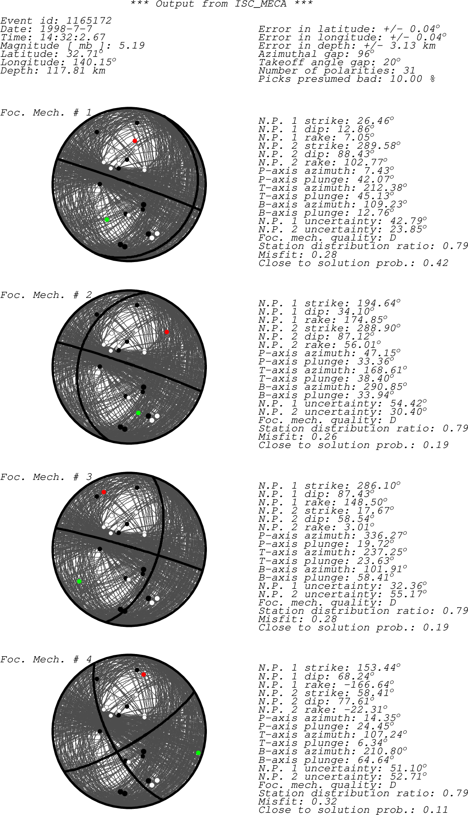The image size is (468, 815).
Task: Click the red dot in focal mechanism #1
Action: coord(135,141)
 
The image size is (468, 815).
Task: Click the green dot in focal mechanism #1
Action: coord(107,220)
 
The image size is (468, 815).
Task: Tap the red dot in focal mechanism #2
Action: coord(167,332)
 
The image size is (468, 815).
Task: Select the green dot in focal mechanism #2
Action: coord(138,413)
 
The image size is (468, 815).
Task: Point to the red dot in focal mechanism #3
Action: coord(104,492)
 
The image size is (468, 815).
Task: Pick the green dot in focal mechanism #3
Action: coord(79,581)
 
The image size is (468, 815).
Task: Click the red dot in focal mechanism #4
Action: coord(143,675)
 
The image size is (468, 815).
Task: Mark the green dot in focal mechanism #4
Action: coord(198,753)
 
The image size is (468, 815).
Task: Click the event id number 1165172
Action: coord(89,21)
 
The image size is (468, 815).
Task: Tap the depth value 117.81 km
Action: coord(76,70)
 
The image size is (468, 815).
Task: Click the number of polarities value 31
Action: coord(409,70)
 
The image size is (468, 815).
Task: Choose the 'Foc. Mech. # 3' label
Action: coord(46,477)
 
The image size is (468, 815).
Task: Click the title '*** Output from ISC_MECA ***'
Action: coord(222,4)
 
